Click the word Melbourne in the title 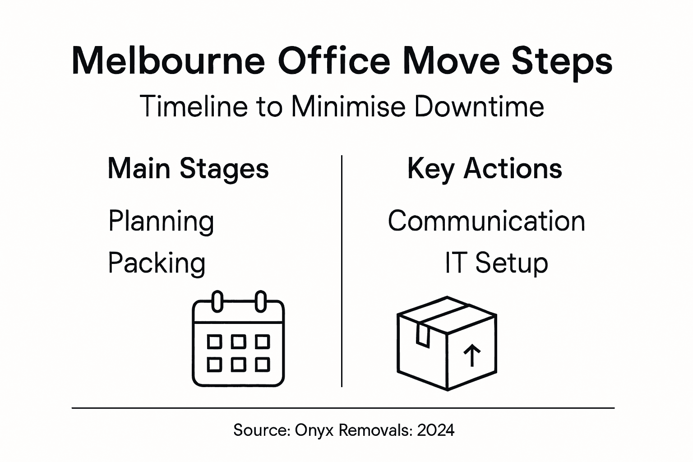168,61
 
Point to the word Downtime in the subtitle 479,107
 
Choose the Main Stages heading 188,169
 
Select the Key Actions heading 485,169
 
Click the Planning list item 161,222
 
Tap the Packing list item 157,263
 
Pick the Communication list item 486,221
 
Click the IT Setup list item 496,263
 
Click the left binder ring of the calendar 217,301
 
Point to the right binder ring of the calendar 260,301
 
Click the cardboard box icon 447,343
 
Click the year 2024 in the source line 436,430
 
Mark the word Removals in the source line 375,430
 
